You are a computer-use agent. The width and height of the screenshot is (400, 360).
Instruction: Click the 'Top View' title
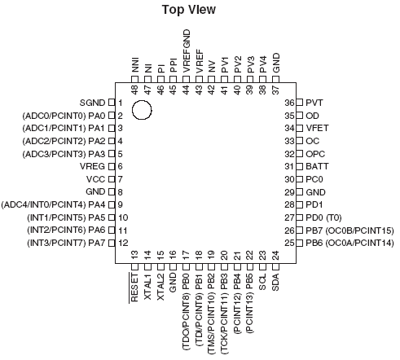pyautogui.click(x=189, y=10)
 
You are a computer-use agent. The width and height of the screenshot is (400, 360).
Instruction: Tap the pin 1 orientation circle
pyautogui.click(x=132, y=110)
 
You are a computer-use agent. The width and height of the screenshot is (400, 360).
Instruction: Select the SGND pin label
pyautogui.click(x=92, y=103)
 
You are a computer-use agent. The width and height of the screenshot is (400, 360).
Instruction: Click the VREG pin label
pyautogui.click(x=92, y=166)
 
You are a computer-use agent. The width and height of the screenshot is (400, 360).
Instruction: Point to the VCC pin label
pyautogui.click(x=95, y=179)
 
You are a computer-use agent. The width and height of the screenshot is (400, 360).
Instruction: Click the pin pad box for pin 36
pyautogui.click(x=299, y=103)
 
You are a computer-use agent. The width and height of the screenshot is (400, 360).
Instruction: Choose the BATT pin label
pyautogui.click(x=317, y=166)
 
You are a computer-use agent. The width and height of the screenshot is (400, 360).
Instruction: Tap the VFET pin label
pyautogui.click(x=317, y=128)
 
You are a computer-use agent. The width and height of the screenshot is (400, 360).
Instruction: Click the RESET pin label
pyautogui.click(x=134, y=288)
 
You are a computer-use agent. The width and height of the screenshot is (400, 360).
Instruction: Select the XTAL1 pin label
pyautogui.click(x=147, y=287)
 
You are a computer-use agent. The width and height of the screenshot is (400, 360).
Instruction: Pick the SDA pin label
pyautogui.click(x=275, y=282)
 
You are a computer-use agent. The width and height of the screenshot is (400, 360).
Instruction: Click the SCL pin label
pyautogui.click(x=262, y=282)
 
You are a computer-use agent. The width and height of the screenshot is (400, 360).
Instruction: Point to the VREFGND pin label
pyautogui.click(x=187, y=51)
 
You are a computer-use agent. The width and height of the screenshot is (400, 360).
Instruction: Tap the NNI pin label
pyautogui.click(x=135, y=64)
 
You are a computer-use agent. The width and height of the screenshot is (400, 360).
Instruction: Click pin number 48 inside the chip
pyautogui.click(x=135, y=90)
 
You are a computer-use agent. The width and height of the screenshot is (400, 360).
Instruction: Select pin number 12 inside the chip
pyautogui.click(x=123, y=243)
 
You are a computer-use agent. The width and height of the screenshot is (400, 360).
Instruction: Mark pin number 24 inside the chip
pyautogui.click(x=275, y=255)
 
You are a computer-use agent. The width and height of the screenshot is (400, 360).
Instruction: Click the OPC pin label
pyautogui.click(x=315, y=154)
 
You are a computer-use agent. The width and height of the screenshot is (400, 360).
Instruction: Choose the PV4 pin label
pyautogui.click(x=263, y=64)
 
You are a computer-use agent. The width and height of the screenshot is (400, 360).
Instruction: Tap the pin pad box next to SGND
pyautogui.click(x=112, y=103)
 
